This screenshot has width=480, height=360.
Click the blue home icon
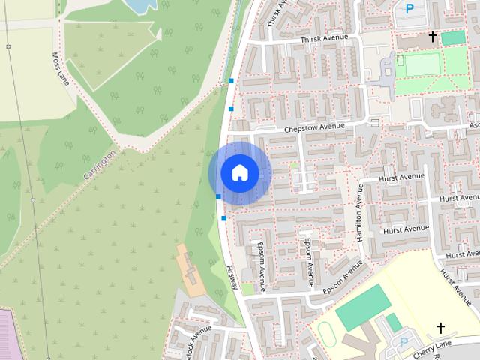tap(239, 173)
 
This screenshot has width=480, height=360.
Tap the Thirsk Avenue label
tap(325, 38)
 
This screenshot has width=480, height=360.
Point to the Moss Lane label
tap(61, 69)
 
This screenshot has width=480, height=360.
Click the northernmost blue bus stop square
tap(231, 80)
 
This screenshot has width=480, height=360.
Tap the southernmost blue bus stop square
tap(223, 218)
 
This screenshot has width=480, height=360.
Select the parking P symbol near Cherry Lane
tap(404, 342)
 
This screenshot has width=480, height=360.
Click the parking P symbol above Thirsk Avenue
tap(409, 9)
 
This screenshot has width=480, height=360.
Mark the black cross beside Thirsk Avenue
tap(433, 36)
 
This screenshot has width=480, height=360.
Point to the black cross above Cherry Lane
tap(440, 328)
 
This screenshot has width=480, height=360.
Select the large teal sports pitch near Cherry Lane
tap(362, 312)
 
